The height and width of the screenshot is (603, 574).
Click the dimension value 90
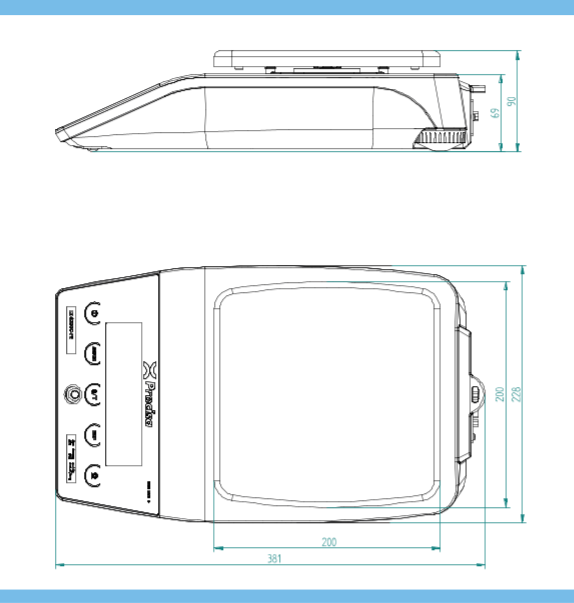pos(512,101)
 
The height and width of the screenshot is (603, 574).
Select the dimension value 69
pos(495,113)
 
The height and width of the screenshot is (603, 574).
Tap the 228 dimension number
pos(516,394)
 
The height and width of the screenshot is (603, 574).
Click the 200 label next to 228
pos(500,394)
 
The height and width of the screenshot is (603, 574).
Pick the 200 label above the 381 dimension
pos(329,542)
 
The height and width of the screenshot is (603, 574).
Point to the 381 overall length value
pos(274,559)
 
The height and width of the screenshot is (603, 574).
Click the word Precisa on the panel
pos(150,404)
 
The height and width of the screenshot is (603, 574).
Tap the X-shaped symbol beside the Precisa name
pos(150,370)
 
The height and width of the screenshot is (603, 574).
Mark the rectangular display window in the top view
pos(124,394)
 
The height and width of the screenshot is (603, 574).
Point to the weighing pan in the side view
pos(327,59)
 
